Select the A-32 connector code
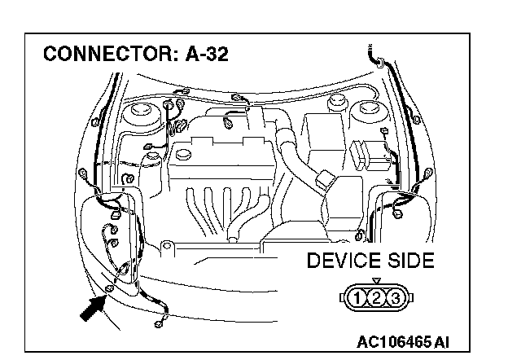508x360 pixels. [204, 55]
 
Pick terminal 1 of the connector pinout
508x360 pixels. [357, 298]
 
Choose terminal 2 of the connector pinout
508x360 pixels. [376, 298]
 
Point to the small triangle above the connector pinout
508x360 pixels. [376, 281]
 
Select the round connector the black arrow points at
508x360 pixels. [108, 289]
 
